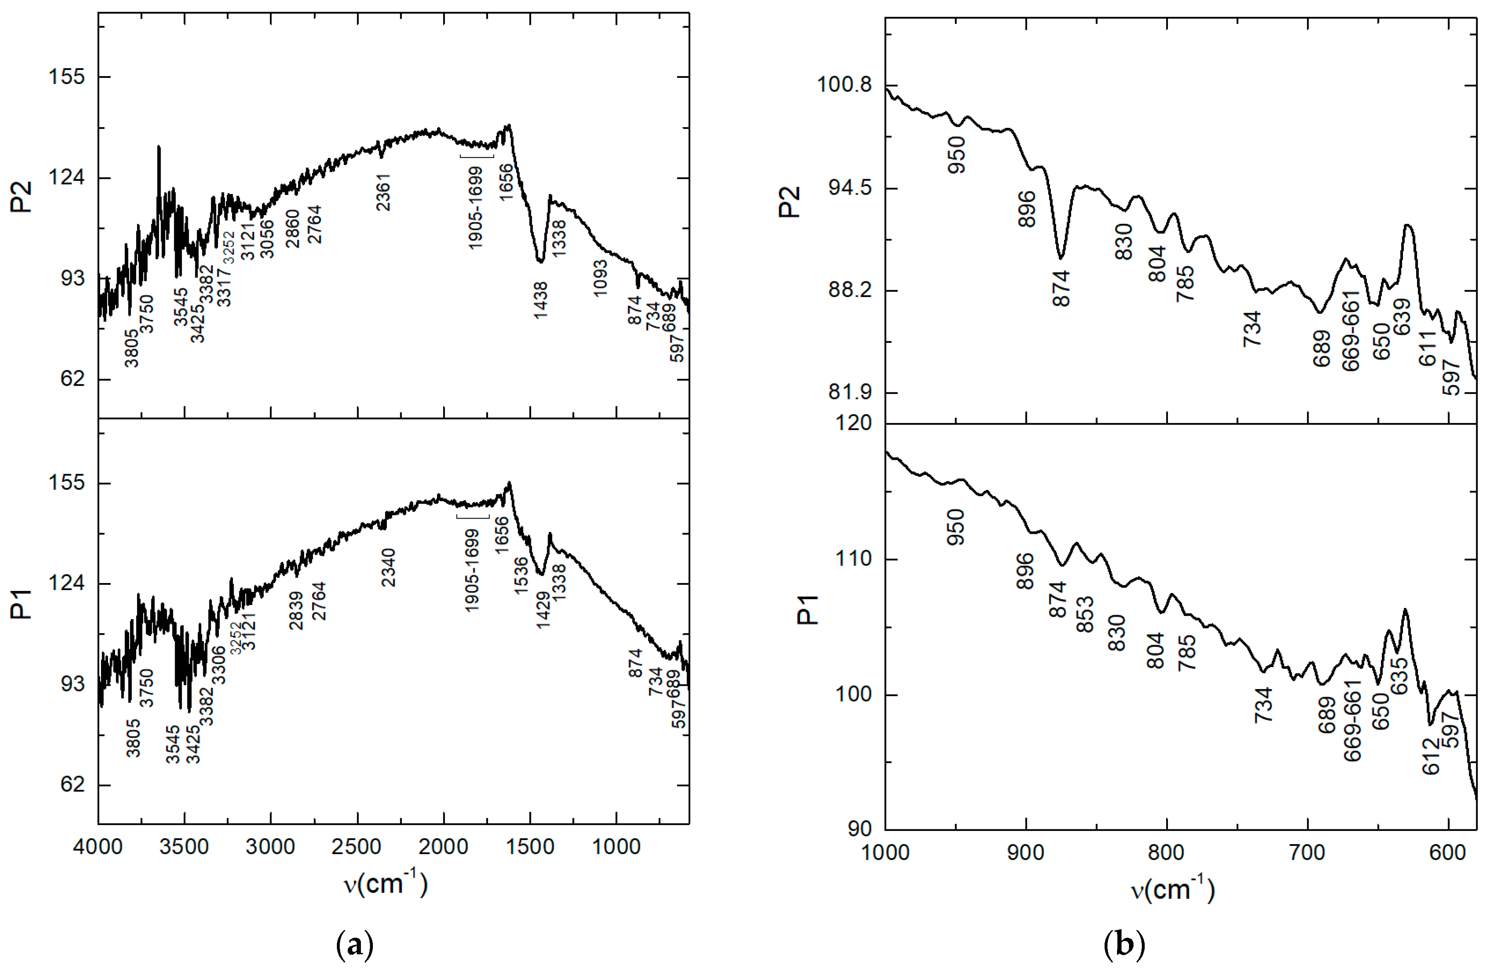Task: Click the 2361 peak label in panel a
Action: point(383,192)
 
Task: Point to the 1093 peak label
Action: point(601,278)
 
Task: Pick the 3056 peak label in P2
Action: point(267,239)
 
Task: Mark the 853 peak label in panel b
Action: point(1085,614)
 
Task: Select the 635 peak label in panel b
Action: point(1399,676)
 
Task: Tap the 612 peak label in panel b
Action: point(1431,756)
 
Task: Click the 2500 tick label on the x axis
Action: point(357,847)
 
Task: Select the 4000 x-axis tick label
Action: point(98,847)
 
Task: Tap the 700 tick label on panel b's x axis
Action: point(1308,852)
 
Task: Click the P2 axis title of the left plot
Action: point(22,197)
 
